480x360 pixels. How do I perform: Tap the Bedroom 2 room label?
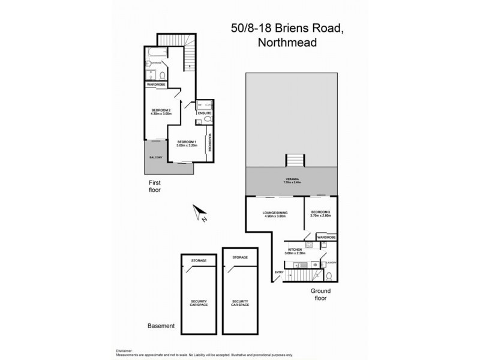(x=161, y=112)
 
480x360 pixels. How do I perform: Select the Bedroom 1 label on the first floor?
(x=187, y=143)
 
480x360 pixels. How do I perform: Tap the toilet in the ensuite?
(x=207, y=120)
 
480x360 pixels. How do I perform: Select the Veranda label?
(x=292, y=181)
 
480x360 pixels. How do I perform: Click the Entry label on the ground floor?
(x=279, y=273)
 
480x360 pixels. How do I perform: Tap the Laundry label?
(x=331, y=262)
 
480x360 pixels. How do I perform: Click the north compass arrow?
(x=200, y=212)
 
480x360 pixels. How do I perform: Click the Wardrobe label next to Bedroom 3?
(x=326, y=238)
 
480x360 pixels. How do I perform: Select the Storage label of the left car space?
(x=199, y=260)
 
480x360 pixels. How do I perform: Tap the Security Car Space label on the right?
(x=240, y=304)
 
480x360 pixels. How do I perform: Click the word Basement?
(x=161, y=326)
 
